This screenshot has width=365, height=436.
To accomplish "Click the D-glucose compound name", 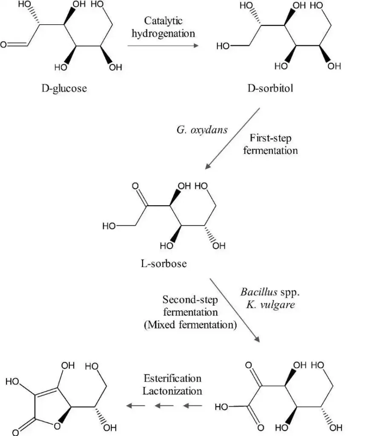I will [x=64, y=89].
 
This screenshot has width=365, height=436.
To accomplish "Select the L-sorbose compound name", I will [x=164, y=264].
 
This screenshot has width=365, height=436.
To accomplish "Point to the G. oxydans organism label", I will [x=202, y=129].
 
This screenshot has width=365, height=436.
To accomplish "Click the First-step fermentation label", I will [x=270, y=144].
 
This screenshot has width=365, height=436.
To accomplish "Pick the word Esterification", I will [x=172, y=379].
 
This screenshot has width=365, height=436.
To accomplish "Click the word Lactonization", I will [x=172, y=390].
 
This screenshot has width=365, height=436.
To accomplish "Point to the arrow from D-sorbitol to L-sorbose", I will [x=233, y=138].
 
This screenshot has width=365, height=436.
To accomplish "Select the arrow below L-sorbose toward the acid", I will [x=235, y=310].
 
